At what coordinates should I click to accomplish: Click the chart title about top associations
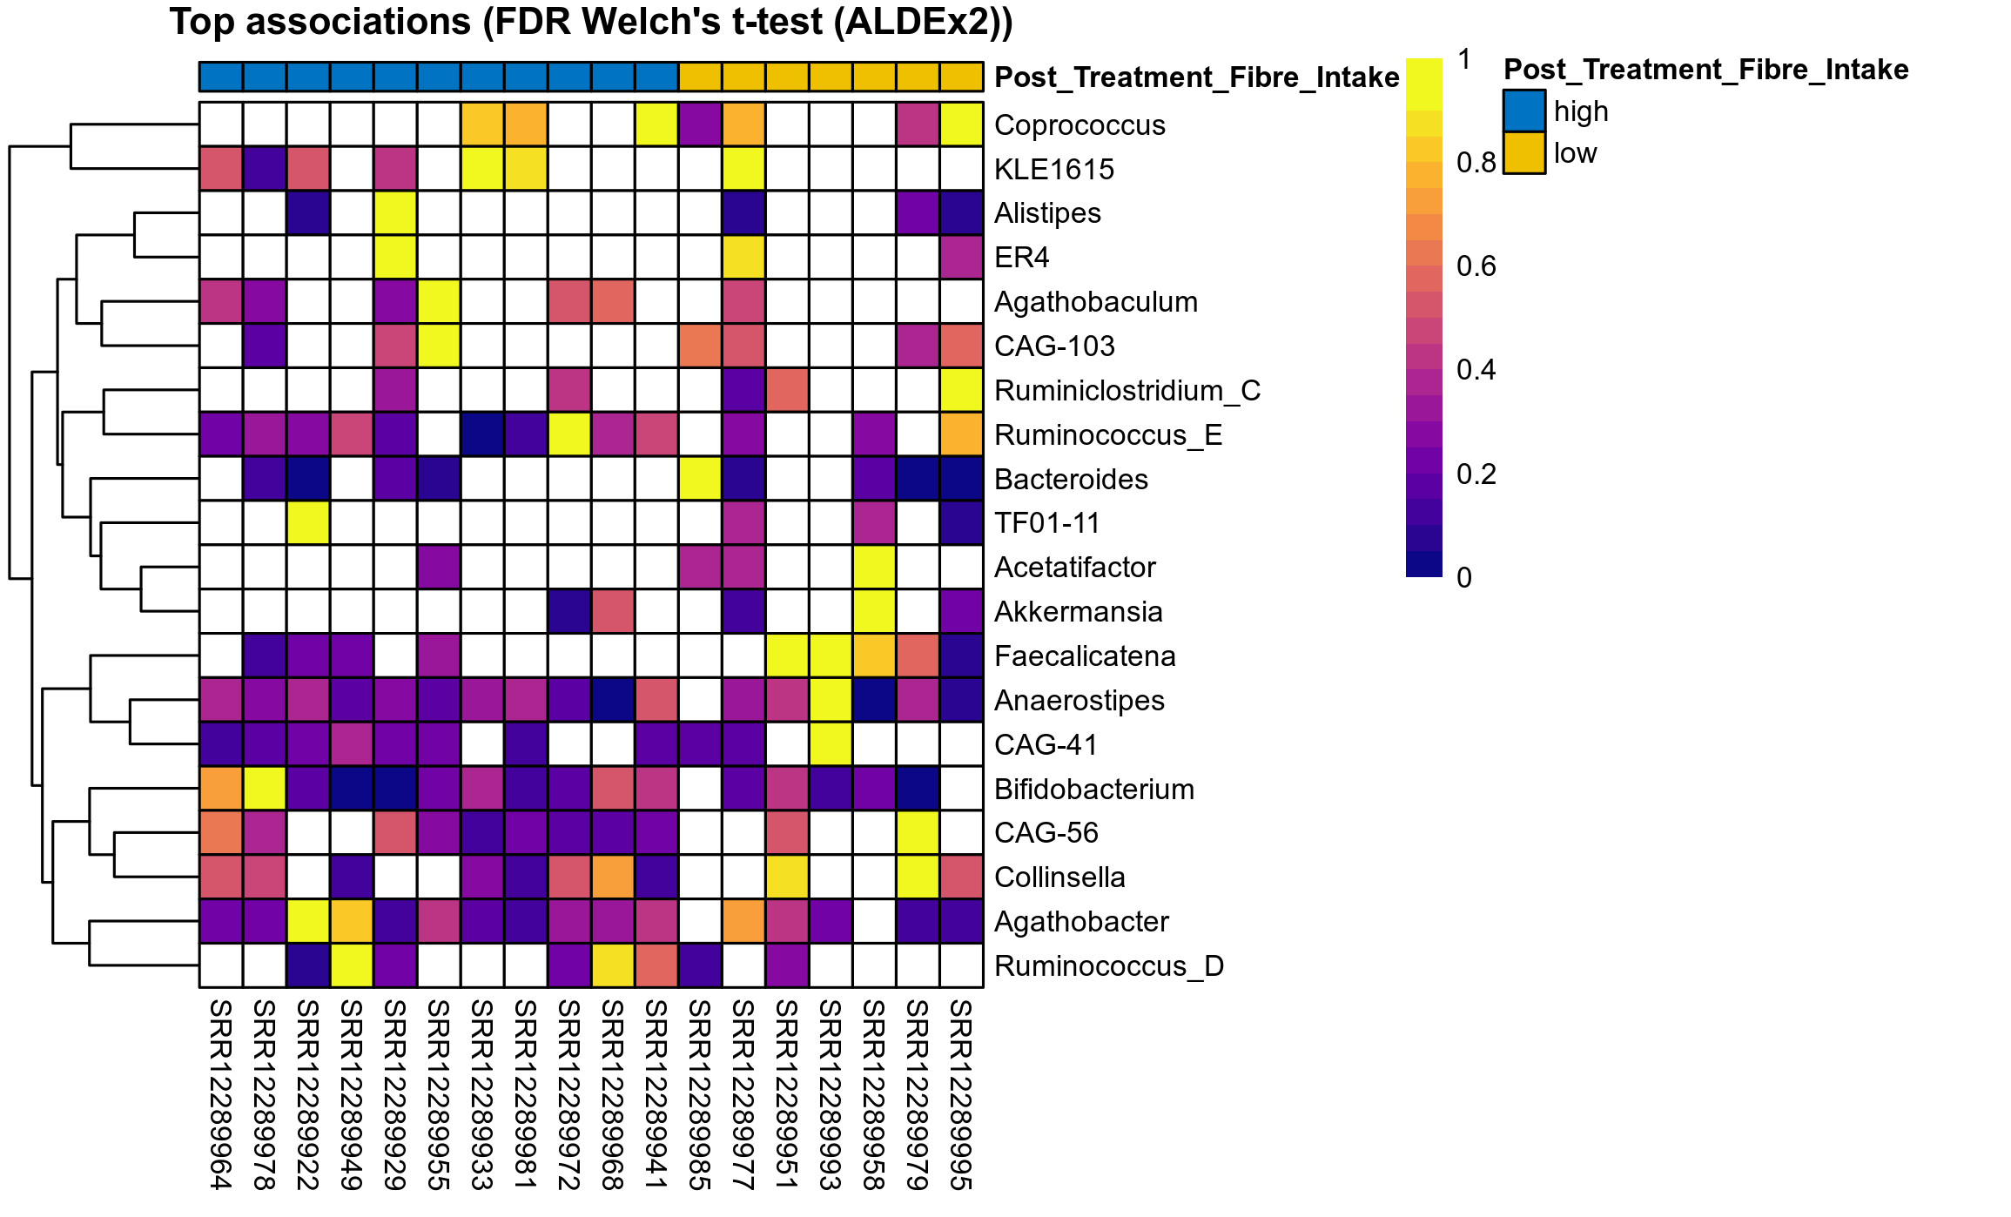point(591,23)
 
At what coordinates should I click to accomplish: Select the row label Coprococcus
point(1079,125)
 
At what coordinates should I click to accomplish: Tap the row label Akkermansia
point(1078,612)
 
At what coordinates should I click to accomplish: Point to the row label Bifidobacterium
point(1093,790)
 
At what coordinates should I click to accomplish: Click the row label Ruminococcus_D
point(1108,966)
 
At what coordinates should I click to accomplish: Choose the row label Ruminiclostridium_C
point(1127,391)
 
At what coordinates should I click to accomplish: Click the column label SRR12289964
point(221,1094)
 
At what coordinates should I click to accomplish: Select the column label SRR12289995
point(961,1094)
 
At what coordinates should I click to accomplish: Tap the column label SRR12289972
point(569,1094)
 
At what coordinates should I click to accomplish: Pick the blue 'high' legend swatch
point(1523,111)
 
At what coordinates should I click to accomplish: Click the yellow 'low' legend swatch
point(1523,153)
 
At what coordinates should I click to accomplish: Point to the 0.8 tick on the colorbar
point(1476,163)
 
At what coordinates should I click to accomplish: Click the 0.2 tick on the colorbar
point(1476,474)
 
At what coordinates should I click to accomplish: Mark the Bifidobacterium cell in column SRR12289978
point(265,789)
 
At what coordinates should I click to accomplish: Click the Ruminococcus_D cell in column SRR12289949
point(352,965)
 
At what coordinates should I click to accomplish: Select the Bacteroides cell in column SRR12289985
point(700,479)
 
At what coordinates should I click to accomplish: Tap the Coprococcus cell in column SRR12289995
point(961,124)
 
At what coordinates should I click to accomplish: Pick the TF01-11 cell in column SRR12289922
point(308,523)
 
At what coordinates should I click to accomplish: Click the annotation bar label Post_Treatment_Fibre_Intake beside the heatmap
point(1196,77)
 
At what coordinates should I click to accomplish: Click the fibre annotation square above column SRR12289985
point(700,77)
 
